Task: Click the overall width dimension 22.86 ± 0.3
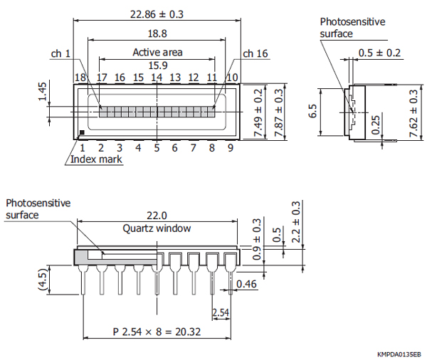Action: tap(157, 14)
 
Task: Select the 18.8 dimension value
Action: tap(157, 33)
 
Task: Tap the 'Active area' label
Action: tap(157, 52)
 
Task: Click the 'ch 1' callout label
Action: tap(61, 53)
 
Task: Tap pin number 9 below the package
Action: tap(230, 148)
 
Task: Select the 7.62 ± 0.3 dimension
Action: tap(416, 112)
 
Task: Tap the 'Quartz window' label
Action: tap(157, 228)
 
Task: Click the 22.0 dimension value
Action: tap(157, 216)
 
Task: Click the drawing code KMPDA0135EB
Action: tap(399, 354)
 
